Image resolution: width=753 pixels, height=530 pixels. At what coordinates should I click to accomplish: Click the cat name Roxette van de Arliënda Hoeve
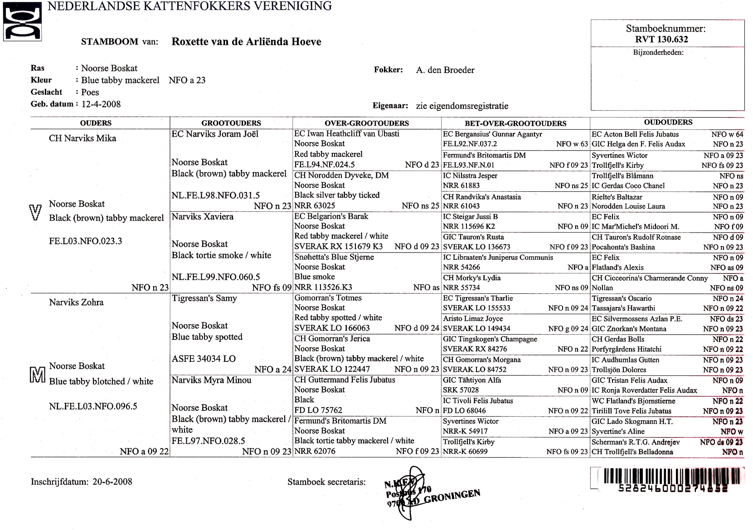246,42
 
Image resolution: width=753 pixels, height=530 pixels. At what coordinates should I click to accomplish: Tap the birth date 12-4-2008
101,104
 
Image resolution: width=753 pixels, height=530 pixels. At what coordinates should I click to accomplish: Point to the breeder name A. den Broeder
445,70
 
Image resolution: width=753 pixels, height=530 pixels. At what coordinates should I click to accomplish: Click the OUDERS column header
96,123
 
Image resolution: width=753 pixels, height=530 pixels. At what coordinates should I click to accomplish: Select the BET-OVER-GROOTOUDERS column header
515,123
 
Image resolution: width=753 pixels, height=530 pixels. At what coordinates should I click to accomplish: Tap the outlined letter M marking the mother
37,374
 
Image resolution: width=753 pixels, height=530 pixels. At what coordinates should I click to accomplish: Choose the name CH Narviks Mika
83,138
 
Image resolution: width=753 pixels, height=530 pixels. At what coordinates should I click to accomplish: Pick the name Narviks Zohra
76,302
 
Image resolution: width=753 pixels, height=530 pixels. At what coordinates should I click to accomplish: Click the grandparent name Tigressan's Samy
204,298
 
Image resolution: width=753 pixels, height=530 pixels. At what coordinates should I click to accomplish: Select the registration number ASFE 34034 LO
204,359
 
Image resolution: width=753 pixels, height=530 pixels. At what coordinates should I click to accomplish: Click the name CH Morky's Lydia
472,278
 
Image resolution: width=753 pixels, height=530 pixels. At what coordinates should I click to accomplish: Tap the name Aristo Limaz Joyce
473,319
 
